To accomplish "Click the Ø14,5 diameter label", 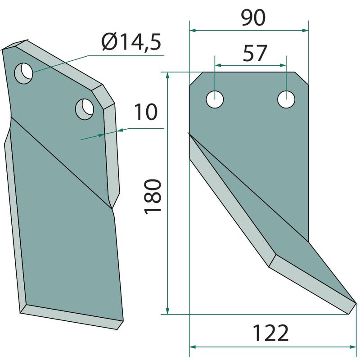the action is (131, 42).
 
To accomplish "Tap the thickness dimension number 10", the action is (145, 112).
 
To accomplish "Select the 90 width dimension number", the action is (253, 18).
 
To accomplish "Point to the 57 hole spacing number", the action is (255, 53).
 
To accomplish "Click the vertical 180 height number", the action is (153, 197).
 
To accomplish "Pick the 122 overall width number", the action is (270, 333).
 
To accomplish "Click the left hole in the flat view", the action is (215, 99).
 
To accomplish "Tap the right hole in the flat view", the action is (286, 99).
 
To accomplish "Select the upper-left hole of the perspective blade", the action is (23, 73).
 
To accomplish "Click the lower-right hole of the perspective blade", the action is (85, 109).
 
